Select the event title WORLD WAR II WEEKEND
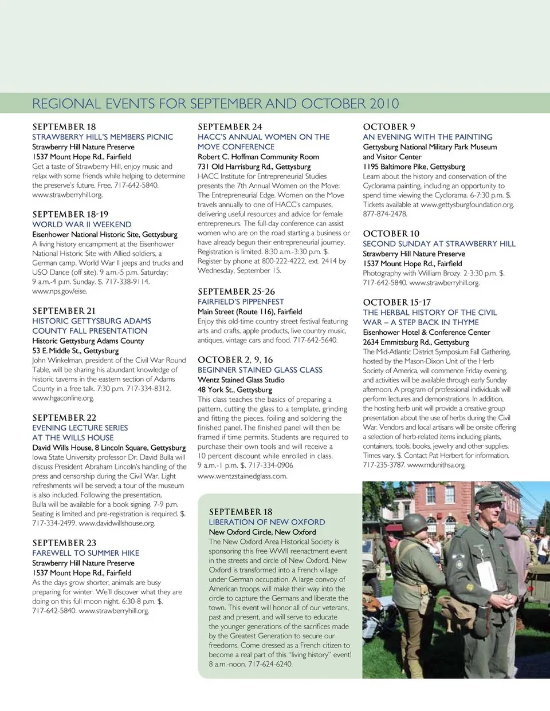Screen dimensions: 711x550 pyautogui.click(x=81, y=224)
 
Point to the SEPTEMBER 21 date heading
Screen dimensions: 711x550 pyautogui.click(x=64, y=311)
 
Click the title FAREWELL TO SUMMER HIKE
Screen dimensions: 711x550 pyautogui.click(x=85, y=553)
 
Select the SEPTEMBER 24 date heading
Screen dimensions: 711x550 pyautogui.click(x=230, y=127)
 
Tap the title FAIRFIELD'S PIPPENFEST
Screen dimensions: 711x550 pyautogui.click(x=241, y=302)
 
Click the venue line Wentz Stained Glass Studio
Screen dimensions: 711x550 pyautogui.click(x=241, y=380)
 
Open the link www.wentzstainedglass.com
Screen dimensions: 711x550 pyautogui.click(x=242, y=476)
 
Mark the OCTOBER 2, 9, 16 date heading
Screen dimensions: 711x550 pyautogui.click(x=235, y=360)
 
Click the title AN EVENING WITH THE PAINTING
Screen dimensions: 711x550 pyautogui.click(x=427, y=137)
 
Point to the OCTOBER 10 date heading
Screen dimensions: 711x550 pyautogui.click(x=391, y=234)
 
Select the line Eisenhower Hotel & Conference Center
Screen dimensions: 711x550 pyautogui.click(x=426, y=332)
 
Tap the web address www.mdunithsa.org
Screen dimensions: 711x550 pyautogui.click(x=436, y=465)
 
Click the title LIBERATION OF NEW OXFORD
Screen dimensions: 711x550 pyautogui.click(x=266, y=522)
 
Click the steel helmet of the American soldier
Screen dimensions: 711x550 pyautogui.click(x=416, y=523)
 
